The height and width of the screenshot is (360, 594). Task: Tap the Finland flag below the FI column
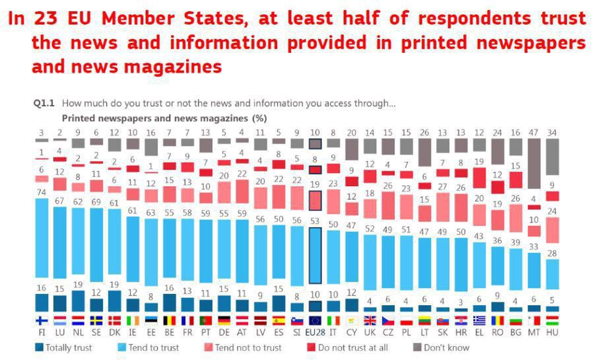click(x=42, y=321)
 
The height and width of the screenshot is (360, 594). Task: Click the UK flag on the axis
click(x=370, y=321)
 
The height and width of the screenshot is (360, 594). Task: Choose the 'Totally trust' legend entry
click(x=65, y=347)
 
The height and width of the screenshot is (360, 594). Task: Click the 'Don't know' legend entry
click(x=442, y=347)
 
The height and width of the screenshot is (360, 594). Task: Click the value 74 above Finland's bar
click(x=42, y=192)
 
